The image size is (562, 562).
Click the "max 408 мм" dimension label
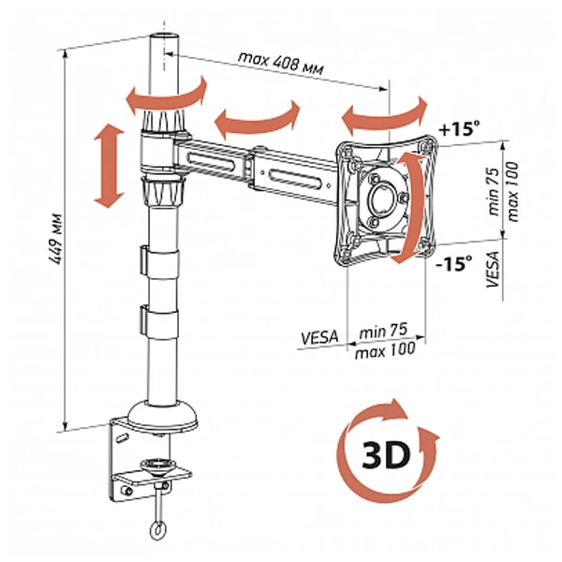pos(281,63)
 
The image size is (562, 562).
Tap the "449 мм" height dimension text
pos(56,240)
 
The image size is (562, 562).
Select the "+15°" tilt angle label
pos(459,128)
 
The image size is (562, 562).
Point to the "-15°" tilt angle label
pos(453,263)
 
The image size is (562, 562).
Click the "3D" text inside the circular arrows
pos(386,455)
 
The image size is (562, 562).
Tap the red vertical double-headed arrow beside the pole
pos(109,165)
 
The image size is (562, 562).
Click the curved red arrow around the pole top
pos(166,96)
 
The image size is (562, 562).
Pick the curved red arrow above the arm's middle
pos(257,119)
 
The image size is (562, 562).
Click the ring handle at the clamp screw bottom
pos(158,530)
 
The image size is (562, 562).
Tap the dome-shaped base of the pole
pos(162,416)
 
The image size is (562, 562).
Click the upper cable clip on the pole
pos(160,261)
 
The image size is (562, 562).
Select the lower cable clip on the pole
pos(160,321)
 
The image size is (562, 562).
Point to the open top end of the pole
pos(164,37)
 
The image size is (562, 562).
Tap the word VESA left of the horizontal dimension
pos(319,337)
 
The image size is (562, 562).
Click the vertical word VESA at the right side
pos(493,269)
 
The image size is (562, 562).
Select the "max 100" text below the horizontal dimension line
pos(385,350)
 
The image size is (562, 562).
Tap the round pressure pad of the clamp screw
pos(157,466)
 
